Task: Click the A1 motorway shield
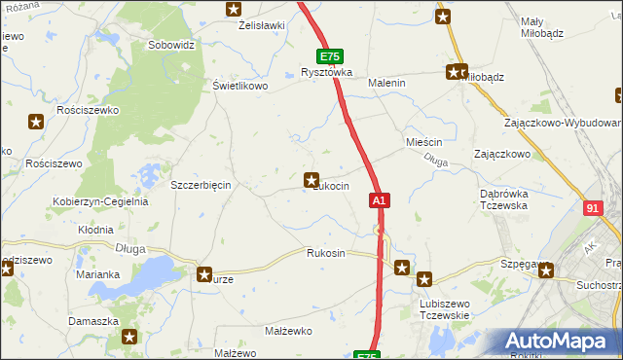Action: click(x=380, y=200)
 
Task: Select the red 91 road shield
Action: click(x=594, y=208)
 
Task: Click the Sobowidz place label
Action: click(x=172, y=45)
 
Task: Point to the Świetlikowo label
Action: click(x=240, y=86)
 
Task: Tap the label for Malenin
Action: click(x=385, y=84)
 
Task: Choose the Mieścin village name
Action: click(x=423, y=142)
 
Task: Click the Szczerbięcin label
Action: click(x=200, y=185)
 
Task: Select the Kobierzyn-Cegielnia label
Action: click(x=100, y=201)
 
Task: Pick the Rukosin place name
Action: click(x=325, y=253)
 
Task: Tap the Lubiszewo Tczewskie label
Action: click(x=445, y=309)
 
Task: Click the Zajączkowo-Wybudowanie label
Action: click(x=564, y=124)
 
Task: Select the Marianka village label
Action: click(x=97, y=274)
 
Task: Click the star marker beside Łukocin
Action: click(x=311, y=179)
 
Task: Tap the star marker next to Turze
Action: click(x=204, y=274)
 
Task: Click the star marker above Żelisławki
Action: click(x=233, y=9)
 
